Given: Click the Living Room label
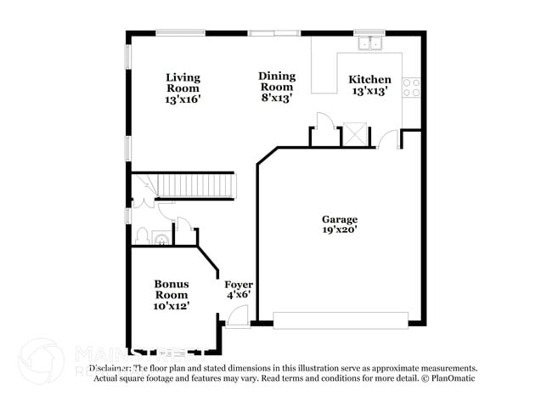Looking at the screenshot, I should click(x=183, y=82).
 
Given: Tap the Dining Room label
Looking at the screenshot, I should click(x=277, y=81).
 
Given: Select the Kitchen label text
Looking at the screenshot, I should click(x=370, y=80).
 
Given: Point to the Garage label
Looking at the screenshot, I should click(x=339, y=218).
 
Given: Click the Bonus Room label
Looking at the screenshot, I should click(x=171, y=288).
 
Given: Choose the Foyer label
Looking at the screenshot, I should click(x=239, y=284).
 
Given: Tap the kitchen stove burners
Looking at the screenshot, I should click(x=411, y=87).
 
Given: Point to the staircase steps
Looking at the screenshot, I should click(x=194, y=184).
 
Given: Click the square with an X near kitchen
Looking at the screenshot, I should click(x=353, y=133).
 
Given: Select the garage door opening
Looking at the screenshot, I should click(x=341, y=321).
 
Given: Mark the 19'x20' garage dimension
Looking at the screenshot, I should click(x=339, y=229).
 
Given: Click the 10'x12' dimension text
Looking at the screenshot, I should click(x=171, y=304).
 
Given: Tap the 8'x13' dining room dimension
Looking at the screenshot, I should click(x=277, y=98).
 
